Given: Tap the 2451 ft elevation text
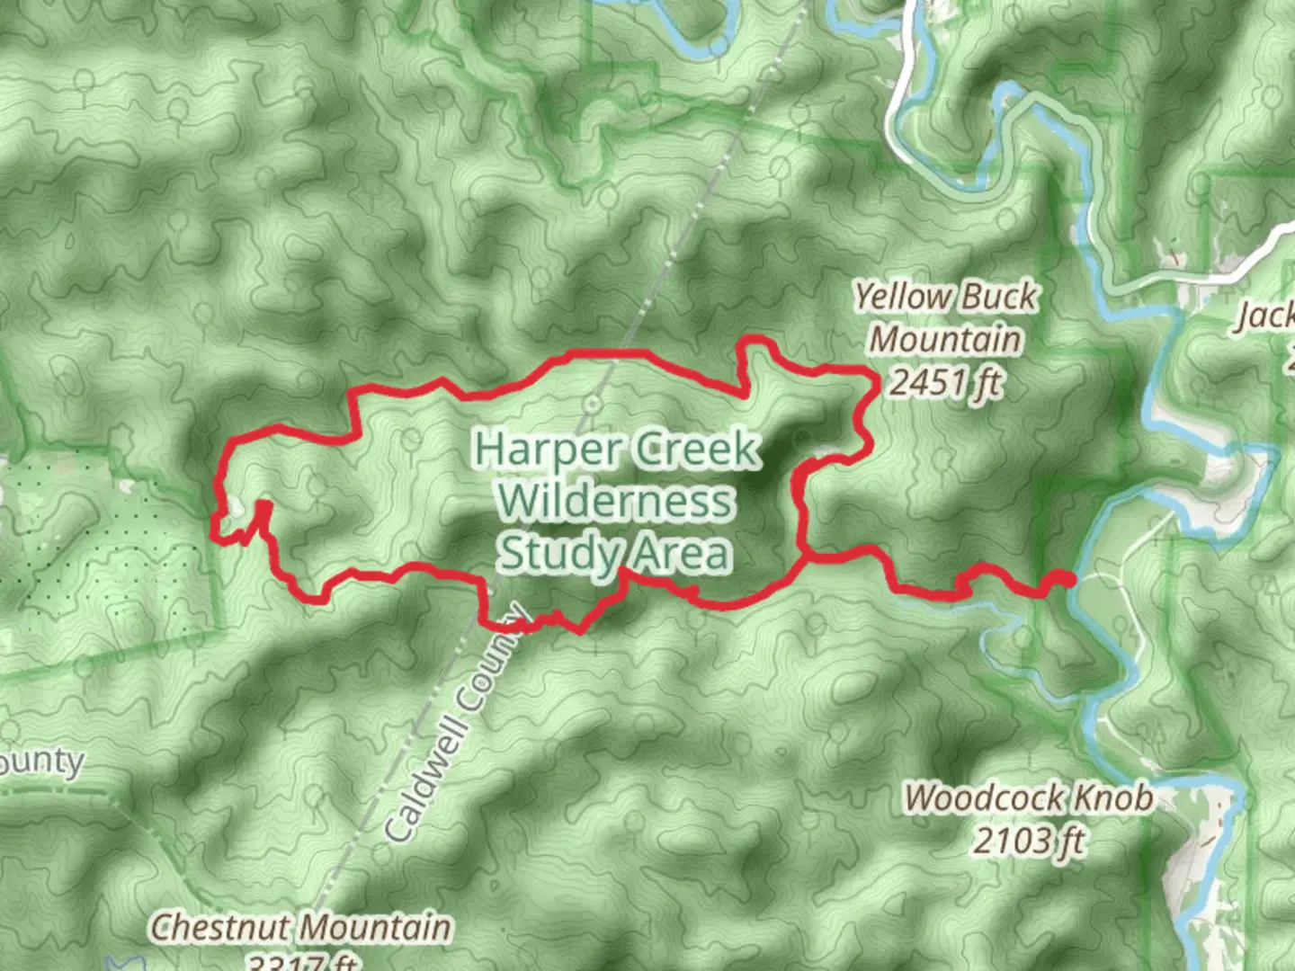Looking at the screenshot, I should pyautogui.click(x=944, y=383).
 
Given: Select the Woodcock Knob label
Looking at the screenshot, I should pyautogui.click(x=1028, y=797).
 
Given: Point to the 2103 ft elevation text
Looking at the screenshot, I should pyautogui.click(x=1028, y=842).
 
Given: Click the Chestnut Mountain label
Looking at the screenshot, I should pyautogui.click(x=300, y=927).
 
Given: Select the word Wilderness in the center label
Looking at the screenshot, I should pyautogui.click(x=615, y=500).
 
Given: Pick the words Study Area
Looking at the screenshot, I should pyautogui.click(x=615, y=552).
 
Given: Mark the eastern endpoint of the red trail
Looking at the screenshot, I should pyautogui.click(x=1067, y=580).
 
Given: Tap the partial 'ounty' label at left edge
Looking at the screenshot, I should pyautogui.click(x=40, y=763).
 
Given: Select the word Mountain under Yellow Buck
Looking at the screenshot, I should pyautogui.click(x=946, y=340).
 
